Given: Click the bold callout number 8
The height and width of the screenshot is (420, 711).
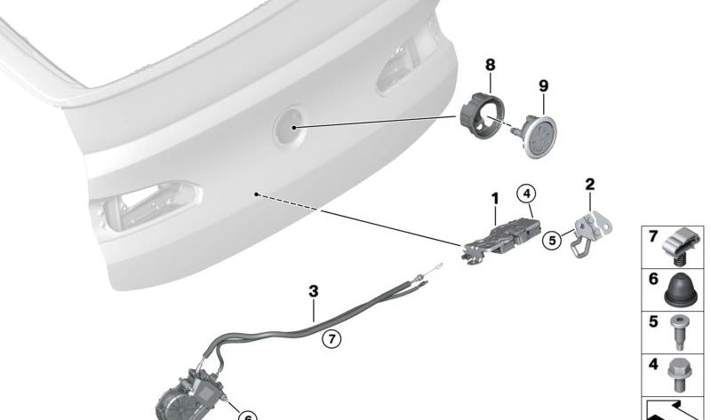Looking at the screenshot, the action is (x=491, y=65).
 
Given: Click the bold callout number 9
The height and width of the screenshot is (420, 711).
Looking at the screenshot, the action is (x=543, y=85).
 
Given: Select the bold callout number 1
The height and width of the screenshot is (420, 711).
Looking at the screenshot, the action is (x=495, y=198).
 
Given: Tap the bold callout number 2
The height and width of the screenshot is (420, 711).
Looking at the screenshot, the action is (x=589, y=185).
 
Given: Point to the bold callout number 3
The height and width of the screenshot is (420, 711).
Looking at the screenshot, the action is (x=314, y=291).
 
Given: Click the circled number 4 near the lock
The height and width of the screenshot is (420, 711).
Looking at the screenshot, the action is (x=526, y=194).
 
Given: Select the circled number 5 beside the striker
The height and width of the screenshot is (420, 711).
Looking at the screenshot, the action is (x=552, y=240).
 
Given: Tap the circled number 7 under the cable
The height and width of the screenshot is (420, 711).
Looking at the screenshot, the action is (x=332, y=338).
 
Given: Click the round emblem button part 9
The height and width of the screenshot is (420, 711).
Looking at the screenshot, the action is (x=537, y=135).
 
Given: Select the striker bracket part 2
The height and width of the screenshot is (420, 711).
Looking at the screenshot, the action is (x=589, y=234).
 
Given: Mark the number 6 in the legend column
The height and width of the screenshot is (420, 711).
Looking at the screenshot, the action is (x=653, y=279).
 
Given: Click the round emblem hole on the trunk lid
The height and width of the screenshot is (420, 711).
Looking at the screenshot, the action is (x=290, y=126).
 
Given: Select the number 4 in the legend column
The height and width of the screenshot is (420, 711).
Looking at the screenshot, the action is (x=653, y=364).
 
